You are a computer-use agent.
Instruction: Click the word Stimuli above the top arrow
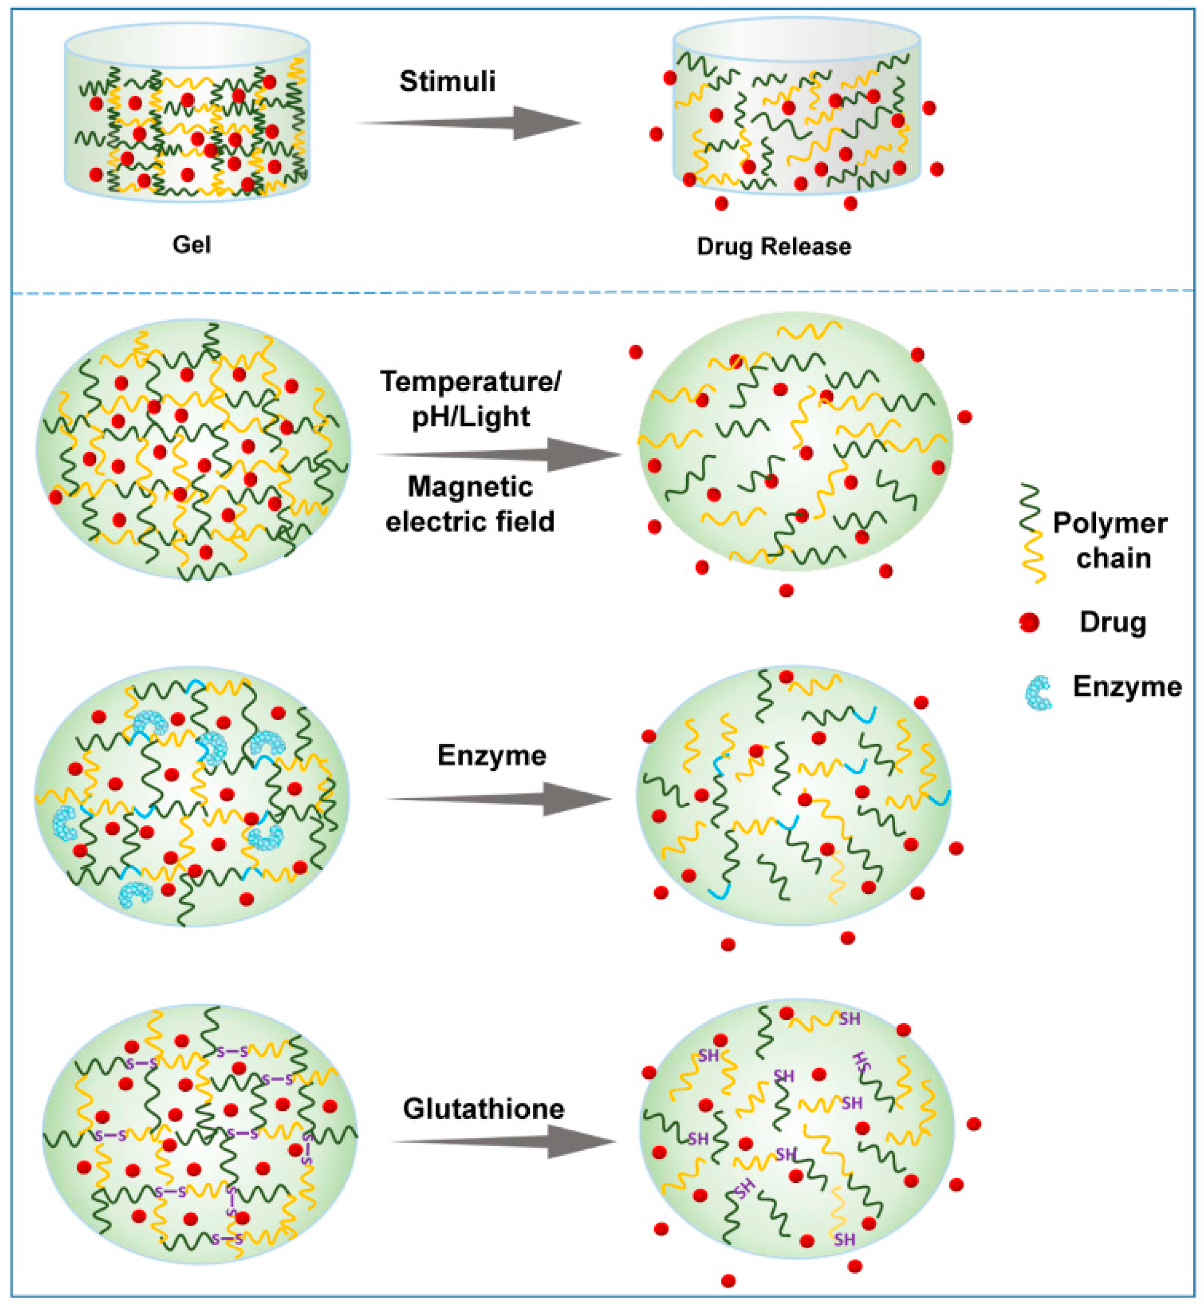tap(447, 81)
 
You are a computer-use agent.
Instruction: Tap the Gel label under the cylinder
tap(192, 245)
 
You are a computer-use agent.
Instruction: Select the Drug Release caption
tap(773, 247)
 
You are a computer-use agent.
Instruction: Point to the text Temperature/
tap(470, 381)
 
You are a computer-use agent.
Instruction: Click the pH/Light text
tap(470, 417)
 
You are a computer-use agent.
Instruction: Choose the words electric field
tap(470, 522)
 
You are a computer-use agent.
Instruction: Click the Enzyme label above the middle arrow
tap(491, 755)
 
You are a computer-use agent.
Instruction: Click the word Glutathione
tap(483, 1109)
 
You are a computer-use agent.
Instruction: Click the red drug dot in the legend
tap(1029, 623)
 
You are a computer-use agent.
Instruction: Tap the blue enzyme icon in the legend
tap(1038, 693)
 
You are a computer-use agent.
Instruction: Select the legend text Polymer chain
tap(1109, 541)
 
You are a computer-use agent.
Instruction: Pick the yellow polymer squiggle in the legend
tap(1034, 558)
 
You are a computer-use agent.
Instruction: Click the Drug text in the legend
tap(1112, 622)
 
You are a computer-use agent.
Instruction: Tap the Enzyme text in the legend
tap(1127, 687)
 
